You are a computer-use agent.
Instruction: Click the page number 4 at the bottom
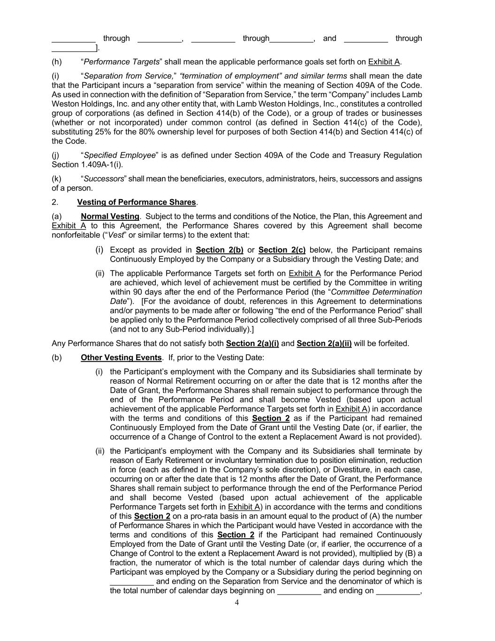236,602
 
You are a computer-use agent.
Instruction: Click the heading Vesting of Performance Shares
136,202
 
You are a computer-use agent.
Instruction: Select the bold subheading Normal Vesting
110,216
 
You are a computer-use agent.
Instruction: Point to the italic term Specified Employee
119,155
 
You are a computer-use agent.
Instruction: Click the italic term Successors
104,179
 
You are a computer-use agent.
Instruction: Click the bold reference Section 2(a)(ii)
324,344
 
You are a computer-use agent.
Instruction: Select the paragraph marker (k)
56,179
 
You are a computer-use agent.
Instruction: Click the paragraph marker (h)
56,62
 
